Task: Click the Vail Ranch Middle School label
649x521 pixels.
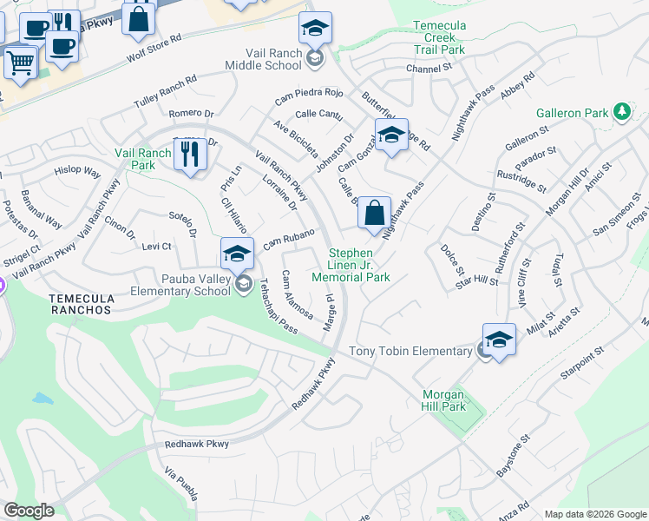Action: tap(263, 59)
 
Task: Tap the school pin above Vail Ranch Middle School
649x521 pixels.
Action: tap(315, 30)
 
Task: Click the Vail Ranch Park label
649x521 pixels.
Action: tap(143, 159)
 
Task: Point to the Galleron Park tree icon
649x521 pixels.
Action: tap(621, 112)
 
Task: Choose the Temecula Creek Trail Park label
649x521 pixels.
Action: tap(439, 38)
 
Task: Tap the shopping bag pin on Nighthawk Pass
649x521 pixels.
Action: tap(374, 213)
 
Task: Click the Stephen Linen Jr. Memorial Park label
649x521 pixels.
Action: tap(357, 265)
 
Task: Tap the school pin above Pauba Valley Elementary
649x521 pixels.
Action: tap(236, 254)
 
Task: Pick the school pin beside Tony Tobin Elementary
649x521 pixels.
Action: tap(499, 340)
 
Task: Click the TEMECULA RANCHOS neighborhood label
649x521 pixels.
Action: tap(81, 303)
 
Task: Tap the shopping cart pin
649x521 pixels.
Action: tap(21, 62)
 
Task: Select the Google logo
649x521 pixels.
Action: tap(29, 511)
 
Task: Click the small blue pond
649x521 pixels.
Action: tap(42, 399)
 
